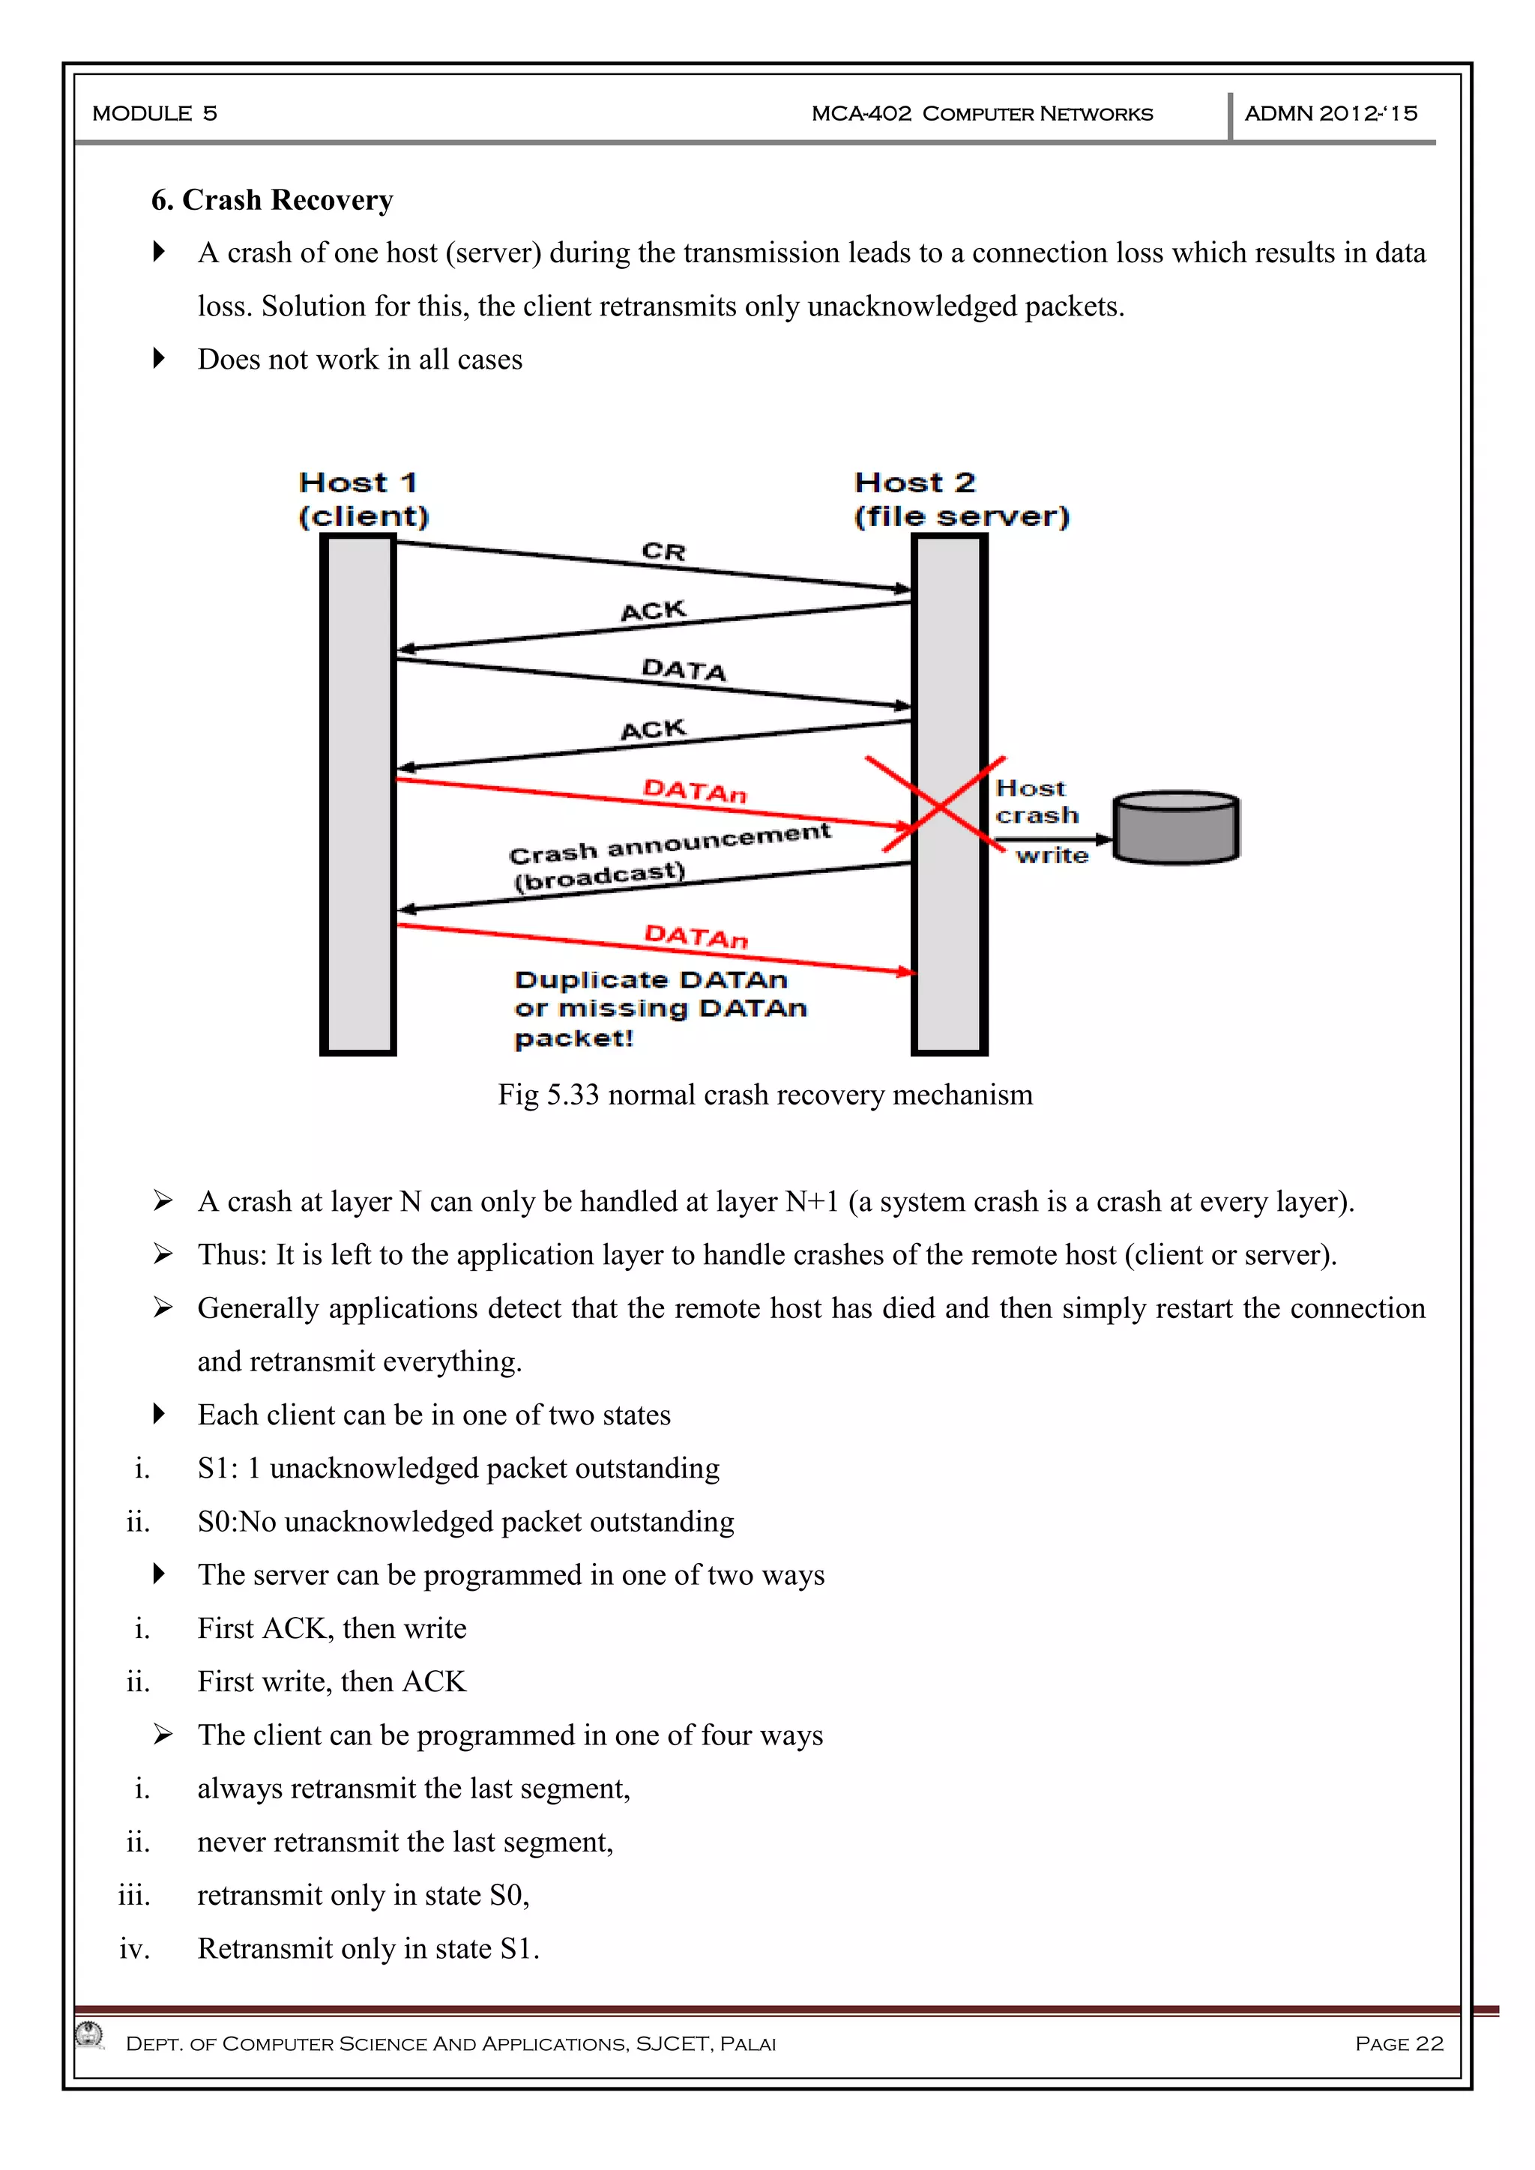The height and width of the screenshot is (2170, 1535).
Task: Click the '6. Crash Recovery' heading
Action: coord(272,200)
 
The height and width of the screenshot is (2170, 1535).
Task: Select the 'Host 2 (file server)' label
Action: coord(962,499)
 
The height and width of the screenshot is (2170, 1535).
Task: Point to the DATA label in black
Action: coord(684,669)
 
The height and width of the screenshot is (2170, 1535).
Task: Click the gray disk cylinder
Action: coord(1176,827)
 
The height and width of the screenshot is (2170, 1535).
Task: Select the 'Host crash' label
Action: coord(1036,802)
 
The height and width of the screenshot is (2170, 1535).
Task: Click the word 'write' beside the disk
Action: coord(1052,855)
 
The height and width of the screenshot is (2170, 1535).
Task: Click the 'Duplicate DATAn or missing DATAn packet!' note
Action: coord(660,1009)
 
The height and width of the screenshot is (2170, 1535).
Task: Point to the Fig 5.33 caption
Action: coord(765,1095)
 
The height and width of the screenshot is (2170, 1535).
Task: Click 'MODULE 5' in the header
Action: coord(155,113)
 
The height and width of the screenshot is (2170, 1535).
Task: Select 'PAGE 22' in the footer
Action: coord(1399,2043)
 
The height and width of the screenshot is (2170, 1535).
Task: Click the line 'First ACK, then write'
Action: coord(332,1627)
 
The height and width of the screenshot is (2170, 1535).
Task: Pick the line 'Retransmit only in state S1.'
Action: coord(369,1948)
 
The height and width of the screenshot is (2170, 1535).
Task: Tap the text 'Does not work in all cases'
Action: coord(359,359)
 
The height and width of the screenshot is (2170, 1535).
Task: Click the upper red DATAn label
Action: coord(695,790)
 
